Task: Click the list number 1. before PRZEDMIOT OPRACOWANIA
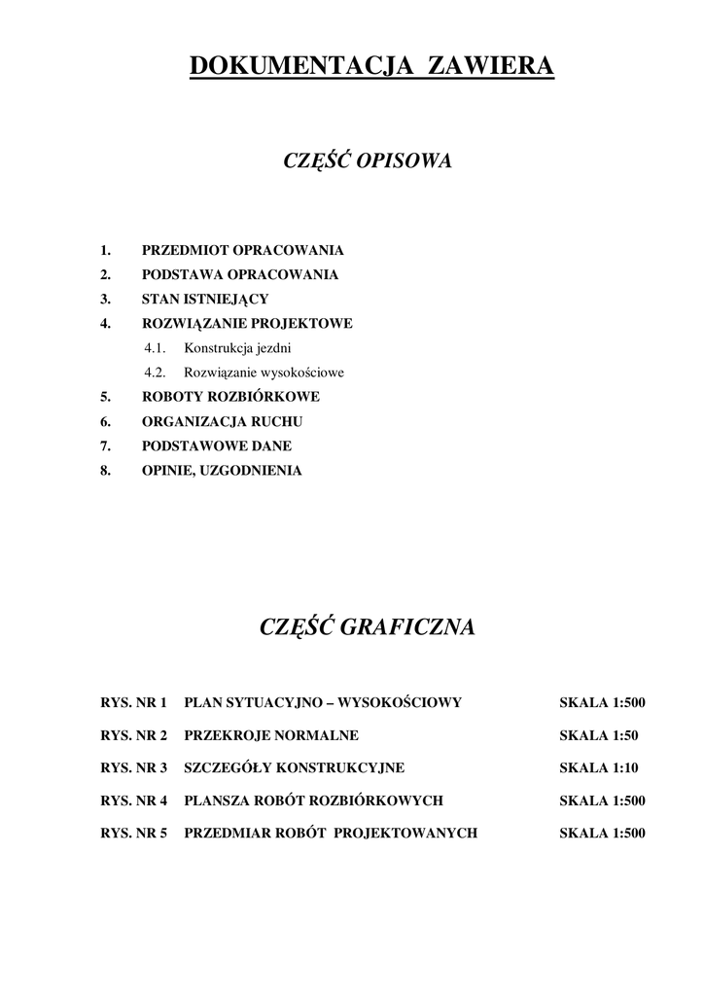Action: pyautogui.click(x=106, y=250)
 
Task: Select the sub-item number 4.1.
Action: pyautogui.click(x=157, y=348)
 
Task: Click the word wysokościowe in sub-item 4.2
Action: pyautogui.click(x=300, y=373)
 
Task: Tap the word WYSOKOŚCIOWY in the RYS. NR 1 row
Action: pyautogui.click(x=399, y=702)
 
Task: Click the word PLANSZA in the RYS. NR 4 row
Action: pyautogui.click(x=215, y=800)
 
